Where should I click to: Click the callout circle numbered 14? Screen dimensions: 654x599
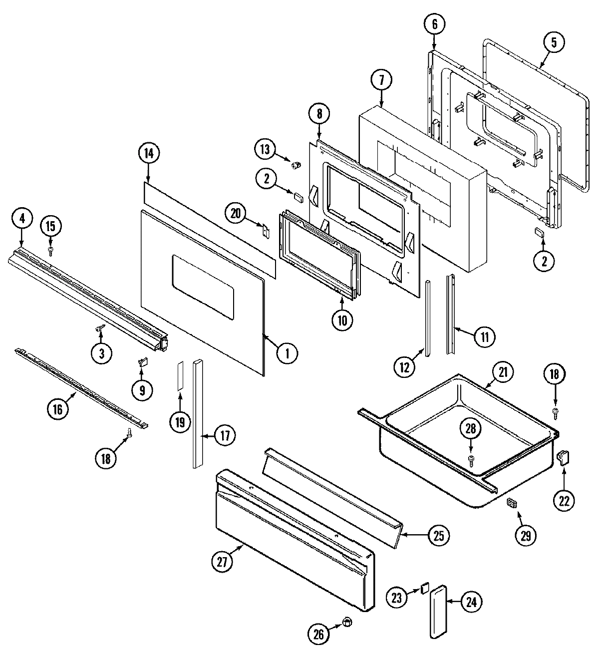[149, 154]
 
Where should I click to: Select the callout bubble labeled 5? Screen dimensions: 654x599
[554, 43]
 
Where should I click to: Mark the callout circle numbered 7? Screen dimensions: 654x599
[381, 80]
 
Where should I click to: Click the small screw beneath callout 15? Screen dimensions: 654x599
[50, 249]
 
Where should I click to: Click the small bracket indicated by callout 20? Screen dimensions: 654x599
[266, 231]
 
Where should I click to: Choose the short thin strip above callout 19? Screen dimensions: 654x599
[180, 376]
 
